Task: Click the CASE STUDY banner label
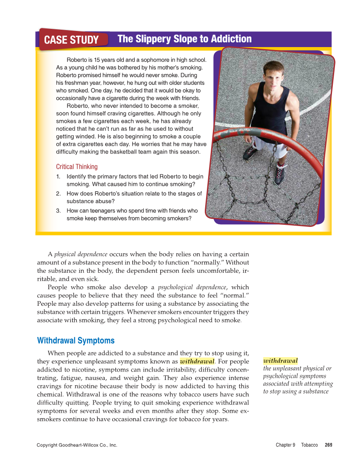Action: pos(71,40)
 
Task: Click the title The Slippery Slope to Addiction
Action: pos(184,39)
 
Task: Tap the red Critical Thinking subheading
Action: pos(77,167)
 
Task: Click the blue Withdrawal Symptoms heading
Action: pos(76,341)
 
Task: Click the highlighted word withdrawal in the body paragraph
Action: pos(197,362)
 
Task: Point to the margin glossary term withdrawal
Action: pos(280,360)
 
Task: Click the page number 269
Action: pos(328,445)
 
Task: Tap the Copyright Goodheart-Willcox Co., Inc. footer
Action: pos(77,445)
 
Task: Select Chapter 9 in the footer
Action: pos(285,445)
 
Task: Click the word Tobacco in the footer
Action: pos(309,445)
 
